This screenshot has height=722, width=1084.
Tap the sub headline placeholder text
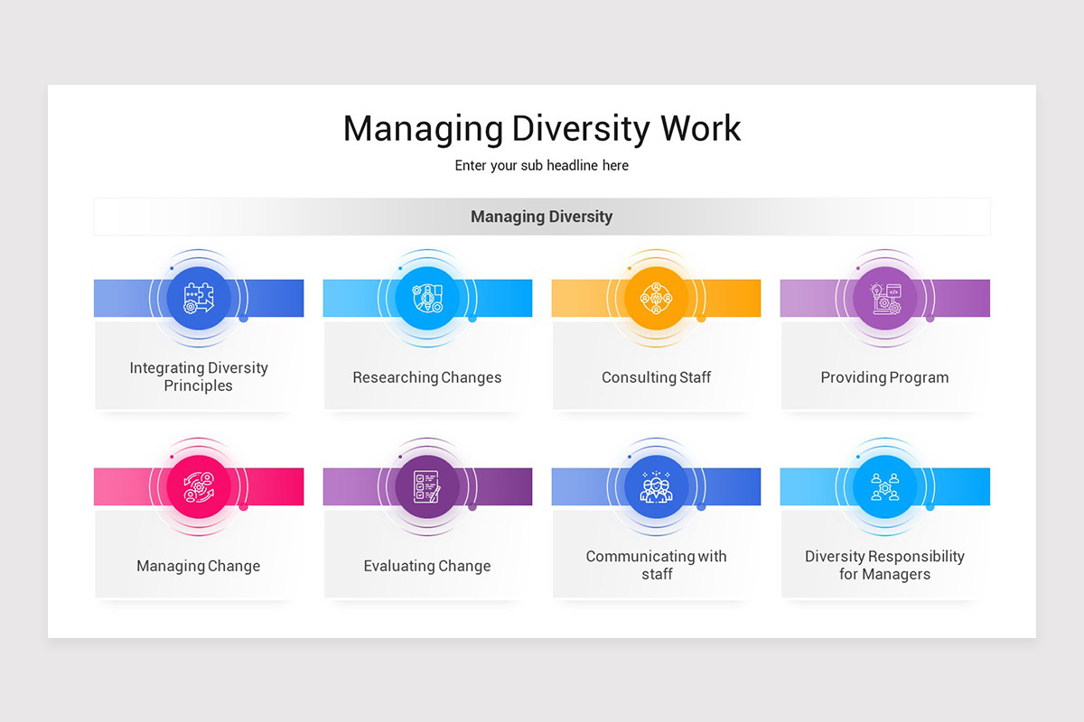coord(541,166)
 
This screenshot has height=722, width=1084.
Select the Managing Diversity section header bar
coord(541,217)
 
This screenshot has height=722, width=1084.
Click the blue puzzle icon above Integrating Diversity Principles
coord(199,298)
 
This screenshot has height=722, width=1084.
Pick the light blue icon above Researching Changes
coord(427,298)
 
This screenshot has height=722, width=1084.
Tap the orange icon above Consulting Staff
coord(656,298)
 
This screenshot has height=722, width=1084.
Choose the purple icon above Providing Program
coord(885,298)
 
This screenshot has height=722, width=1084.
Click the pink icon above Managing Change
coord(199,486)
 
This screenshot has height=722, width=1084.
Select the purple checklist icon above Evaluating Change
coord(427,486)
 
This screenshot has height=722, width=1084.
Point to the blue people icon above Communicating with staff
coord(656,486)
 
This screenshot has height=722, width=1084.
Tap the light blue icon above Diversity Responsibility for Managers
coord(885,486)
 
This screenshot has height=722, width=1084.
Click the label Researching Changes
coord(427,377)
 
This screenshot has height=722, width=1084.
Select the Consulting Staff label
coord(656,377)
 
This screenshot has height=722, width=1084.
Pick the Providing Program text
coord(885,377)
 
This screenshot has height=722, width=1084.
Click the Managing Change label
coord(199,566)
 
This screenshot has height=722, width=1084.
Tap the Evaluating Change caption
coord(427,566)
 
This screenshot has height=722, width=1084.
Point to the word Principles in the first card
coord(199,386)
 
